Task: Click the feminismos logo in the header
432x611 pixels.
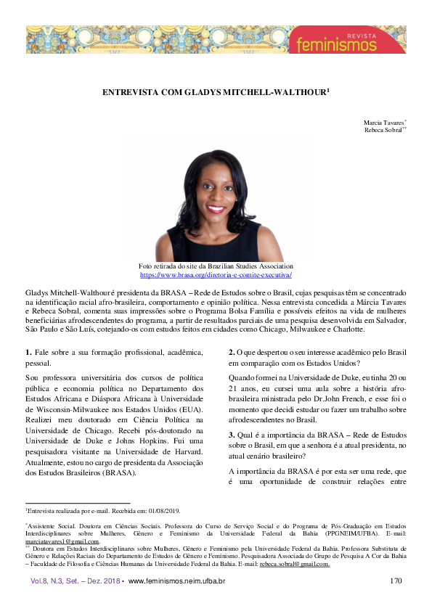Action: [349, 45]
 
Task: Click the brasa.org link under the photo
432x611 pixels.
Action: [216, 276]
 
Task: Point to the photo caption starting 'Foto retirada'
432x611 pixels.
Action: [216, 267]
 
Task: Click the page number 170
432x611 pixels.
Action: [395, 581]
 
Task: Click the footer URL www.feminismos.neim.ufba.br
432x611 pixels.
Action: [176, 581]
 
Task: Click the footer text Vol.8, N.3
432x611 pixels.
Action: [47, 581]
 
